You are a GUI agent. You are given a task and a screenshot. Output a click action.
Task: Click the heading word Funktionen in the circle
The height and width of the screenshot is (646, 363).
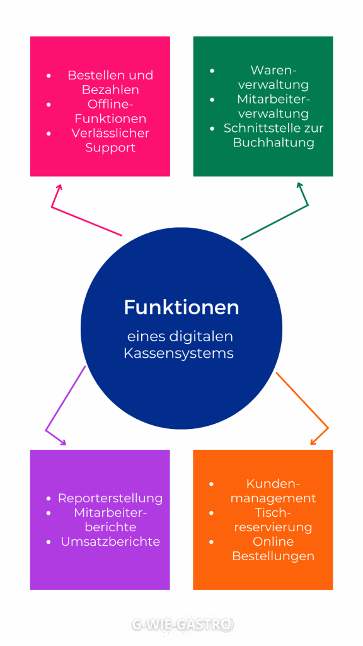coord(181,307)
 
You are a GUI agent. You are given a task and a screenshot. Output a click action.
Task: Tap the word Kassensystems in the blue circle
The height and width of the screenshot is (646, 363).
coord(178,353)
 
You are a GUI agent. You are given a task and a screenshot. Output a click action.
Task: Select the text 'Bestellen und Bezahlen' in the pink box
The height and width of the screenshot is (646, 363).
coord(110,83)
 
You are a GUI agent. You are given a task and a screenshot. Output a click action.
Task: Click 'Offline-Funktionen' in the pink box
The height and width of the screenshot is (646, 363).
coord(110,112)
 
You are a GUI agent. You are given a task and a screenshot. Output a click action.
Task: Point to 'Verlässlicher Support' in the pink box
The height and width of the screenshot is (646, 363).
coord(110,141)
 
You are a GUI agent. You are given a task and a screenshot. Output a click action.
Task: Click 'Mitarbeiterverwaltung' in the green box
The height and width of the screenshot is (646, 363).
coord(274,107)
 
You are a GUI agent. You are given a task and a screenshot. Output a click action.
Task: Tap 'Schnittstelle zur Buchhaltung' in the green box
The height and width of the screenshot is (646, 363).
coord(274,135)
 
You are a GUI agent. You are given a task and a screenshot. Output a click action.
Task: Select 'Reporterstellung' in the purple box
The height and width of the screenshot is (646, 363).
coord(110,498)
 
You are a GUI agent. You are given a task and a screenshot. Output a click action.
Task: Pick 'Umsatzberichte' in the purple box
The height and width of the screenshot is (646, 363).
coord(110,541)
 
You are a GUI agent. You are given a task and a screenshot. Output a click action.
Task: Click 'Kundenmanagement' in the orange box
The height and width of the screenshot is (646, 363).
coord(273,491)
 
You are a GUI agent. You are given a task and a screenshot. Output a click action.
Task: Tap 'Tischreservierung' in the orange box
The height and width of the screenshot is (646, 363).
coord(273,520)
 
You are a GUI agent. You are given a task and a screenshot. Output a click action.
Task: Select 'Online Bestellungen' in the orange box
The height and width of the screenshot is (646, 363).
coord(273,549)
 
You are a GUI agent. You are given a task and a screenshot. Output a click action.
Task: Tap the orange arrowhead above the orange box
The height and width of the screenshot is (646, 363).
coord(314,442)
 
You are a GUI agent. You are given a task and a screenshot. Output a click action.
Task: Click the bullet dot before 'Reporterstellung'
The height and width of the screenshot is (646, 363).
coord(49,498)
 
